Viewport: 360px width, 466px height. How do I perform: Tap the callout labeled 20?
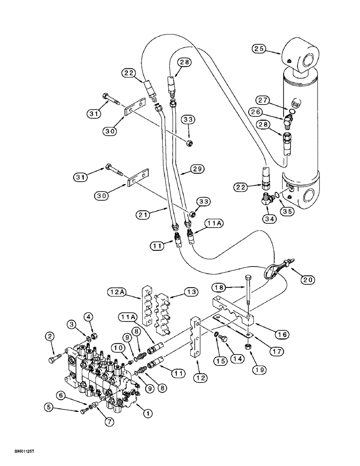pyautogui.click(x=308, y=280)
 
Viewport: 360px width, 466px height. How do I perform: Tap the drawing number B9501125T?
pyautogui.click(x=19, y=451)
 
